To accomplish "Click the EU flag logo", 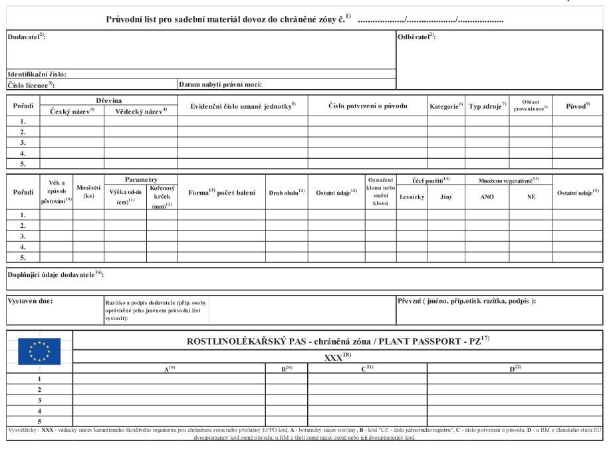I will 39,351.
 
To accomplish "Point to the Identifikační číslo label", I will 37,74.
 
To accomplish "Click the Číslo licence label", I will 31,85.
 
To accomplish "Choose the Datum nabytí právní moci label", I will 220,84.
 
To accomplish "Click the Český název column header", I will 72,111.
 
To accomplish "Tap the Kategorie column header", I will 445,106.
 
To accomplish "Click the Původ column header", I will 577,106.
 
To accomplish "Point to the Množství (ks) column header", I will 88,192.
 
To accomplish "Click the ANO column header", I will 487,197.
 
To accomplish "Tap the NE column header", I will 531,197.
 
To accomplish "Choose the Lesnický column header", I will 412,197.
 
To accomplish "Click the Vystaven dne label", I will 30,301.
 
